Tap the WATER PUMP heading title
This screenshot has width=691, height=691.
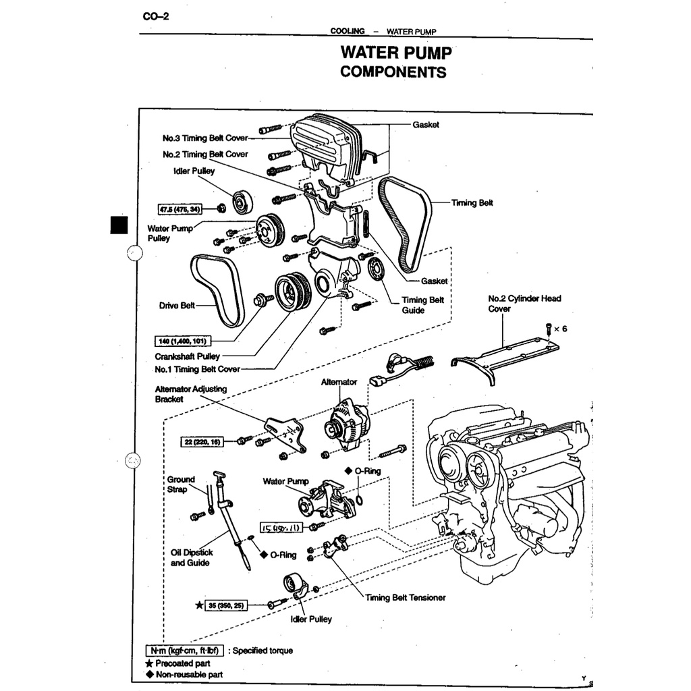394,53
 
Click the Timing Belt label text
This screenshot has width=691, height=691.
472,202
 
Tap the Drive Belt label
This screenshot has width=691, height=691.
177,306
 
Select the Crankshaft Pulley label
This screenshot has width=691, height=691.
187,356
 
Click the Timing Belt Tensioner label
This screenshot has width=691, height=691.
406,597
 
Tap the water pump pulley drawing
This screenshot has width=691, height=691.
271,230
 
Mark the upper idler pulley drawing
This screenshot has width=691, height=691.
242,201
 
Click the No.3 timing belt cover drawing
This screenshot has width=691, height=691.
323,145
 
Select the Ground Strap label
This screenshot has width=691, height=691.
181,484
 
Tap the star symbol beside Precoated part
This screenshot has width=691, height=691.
149,663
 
